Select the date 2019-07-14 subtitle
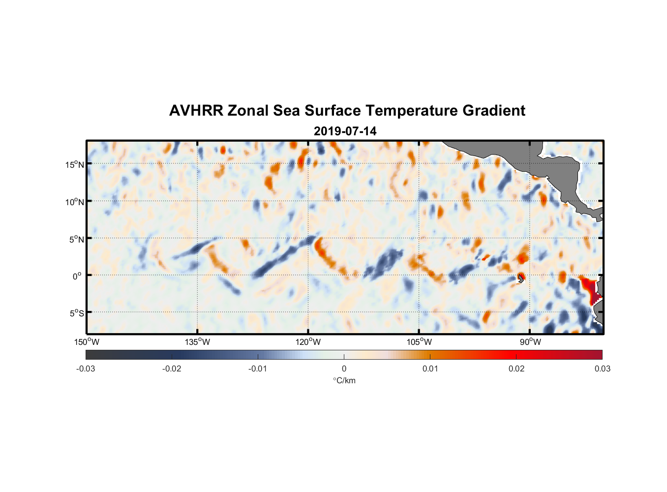click(x=345, y=131)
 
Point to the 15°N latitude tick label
click(x=74, y=164)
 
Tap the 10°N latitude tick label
click(x=74, y=202)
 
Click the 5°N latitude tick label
click(x=76, y=239)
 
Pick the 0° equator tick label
click(x=77, y=276)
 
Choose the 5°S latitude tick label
click(x=76, y=313)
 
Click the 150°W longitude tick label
click(x=87, y=342)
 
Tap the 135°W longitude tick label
click(x=197, y=342)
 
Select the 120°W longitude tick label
click(x=308, y=342)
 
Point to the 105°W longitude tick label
click(x=419, y=342)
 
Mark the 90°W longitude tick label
click(x=530, y=342)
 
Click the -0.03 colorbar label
click(x=86, y=369)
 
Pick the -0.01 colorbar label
click(x=258, y=369)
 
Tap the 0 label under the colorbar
click(x=344, y=369)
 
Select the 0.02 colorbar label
click(x=516, y=369)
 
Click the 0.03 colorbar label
click(x=602, y=369)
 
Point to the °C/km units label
click(x=344, y=380)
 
